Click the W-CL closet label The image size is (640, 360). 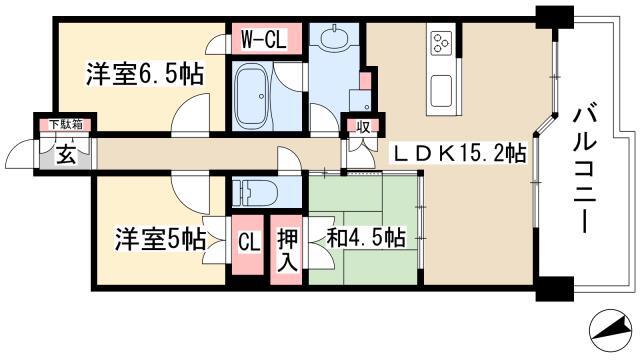click(x=264, y=39)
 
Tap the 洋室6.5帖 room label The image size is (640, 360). click(x=144, y=74)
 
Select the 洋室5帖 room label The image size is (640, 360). click(x=160, y=239)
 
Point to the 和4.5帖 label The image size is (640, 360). click(x=366, y=238)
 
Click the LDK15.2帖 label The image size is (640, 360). click(x=459, y=153)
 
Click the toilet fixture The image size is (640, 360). click(x=255, y=192)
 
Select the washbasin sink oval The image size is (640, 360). click(x=334, y=38)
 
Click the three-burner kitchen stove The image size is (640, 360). click(x=442, y=42)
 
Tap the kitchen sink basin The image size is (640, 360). click(x=441, y=91)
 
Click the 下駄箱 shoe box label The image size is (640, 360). click(x=66, y=124)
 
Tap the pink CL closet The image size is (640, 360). click(x=248, y=245)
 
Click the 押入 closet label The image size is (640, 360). click(x=288, y=249)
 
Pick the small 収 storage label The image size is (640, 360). click(x=363, y=127)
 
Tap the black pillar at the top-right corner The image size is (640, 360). click(x=555, y=17)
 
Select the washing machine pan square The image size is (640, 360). click(x=360, y=100)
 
